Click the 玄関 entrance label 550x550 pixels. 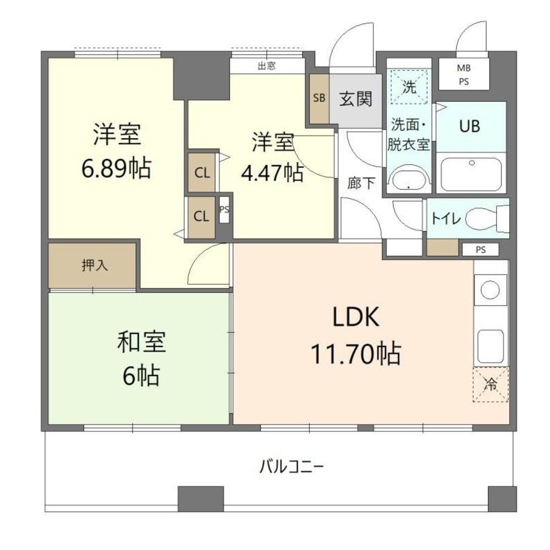(356, 98)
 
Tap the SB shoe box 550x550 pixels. (319, 98)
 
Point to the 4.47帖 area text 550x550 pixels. (272, 172)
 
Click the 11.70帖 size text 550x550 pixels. (356, 353)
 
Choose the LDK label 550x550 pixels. (356, 317)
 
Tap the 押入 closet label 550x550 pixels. (95, 265)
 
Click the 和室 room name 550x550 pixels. (141, 342)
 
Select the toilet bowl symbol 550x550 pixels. (487, 218)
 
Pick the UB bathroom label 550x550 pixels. (470, 126)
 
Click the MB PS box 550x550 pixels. (464, 74)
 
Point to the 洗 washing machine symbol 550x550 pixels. (409, 87)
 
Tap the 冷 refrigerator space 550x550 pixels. (491, 384)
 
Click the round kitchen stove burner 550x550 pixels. (491, 290)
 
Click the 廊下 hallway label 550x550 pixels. (361, 183)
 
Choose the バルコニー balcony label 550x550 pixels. (291, 467)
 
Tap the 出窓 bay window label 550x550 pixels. (266, 65)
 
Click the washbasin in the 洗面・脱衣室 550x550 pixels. (409, 180)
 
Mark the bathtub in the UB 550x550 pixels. (471, 174)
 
